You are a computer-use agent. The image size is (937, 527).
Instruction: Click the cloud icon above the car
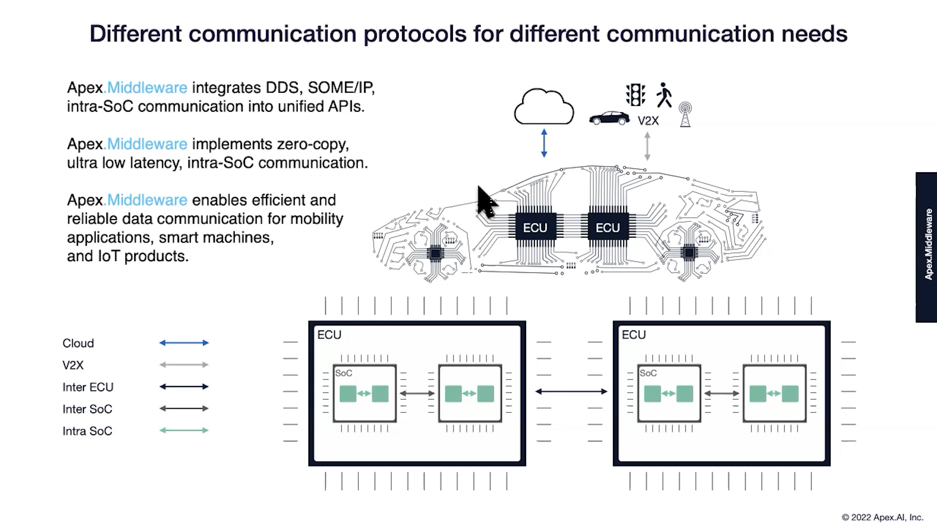(544, 107)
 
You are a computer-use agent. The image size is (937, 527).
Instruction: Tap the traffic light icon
(635, 95)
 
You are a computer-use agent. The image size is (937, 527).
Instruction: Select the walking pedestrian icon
(664, 95)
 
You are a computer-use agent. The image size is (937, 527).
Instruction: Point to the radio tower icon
(685, 115)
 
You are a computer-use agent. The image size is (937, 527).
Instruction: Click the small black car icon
(609, 118)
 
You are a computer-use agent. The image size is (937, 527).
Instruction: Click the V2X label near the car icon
(648, 121)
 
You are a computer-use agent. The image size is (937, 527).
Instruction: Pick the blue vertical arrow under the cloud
(544, 143)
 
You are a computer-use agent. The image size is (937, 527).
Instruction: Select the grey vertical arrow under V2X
(647, 146)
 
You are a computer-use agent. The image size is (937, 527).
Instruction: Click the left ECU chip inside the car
(535, 227)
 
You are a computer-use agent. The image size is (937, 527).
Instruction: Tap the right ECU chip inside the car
(608, 227)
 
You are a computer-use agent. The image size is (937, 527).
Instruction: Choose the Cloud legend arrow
(184, 343)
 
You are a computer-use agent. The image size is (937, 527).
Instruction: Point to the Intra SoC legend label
(87, 431)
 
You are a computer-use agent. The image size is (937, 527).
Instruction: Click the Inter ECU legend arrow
(184, 386)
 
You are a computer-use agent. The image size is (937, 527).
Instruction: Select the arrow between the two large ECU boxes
(571, 391)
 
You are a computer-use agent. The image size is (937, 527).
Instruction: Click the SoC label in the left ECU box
(344, 373)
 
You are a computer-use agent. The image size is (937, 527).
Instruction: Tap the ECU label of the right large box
(633, 335)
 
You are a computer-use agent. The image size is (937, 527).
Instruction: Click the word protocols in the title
(415, 34)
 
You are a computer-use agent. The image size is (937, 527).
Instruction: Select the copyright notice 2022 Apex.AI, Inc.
(882, 517)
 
